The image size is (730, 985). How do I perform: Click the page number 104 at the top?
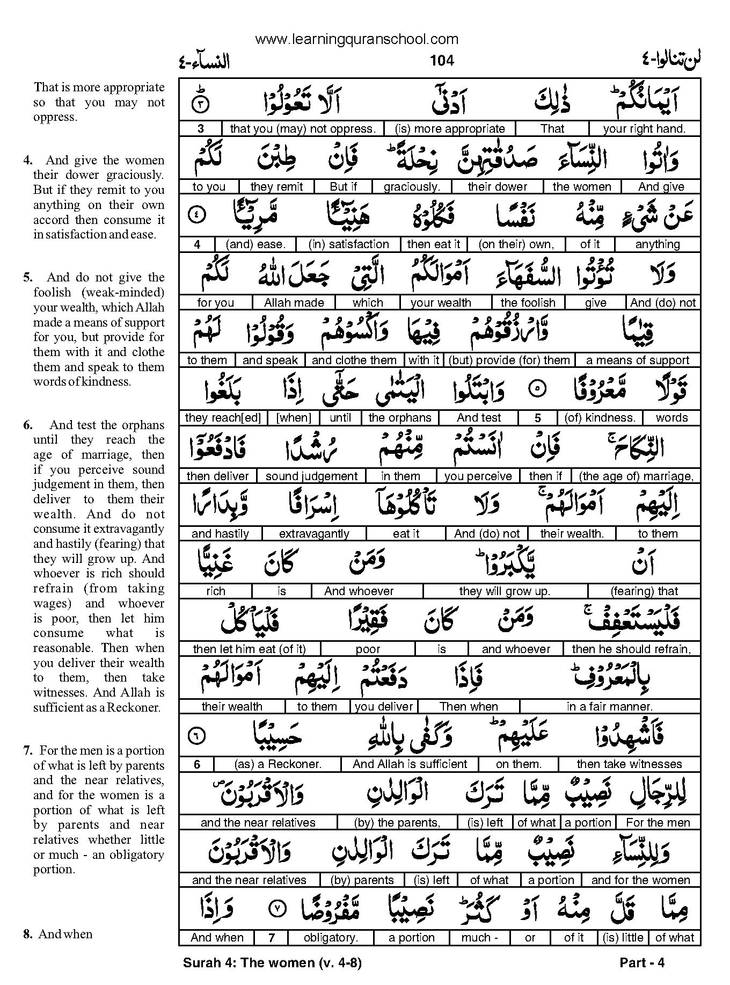pos(442,61)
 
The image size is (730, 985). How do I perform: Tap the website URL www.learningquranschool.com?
pos(357,39)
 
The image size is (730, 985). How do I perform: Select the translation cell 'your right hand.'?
pos(644,129)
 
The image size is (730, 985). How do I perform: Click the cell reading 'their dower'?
pos(498,187)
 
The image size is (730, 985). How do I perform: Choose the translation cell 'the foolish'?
pos(528,303)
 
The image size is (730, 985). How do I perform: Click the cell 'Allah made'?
pos(294,303)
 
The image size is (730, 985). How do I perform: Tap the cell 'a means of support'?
pos(638,360)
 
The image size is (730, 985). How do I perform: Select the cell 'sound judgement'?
pos(311,476)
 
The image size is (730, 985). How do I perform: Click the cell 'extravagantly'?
pos(314,534)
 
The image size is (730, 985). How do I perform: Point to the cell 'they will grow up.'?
pos(505,591)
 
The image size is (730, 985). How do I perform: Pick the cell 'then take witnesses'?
pos(629,764)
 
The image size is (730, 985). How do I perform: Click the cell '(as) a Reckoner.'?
pos(278,764)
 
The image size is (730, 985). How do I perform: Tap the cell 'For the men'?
pos(658,822)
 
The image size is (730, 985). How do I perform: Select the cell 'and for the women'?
pos(640,880)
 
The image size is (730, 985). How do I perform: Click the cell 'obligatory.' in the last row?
pos(331,938)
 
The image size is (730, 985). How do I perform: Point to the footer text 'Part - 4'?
pos(642,963)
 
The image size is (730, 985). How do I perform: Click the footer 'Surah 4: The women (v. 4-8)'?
pos(272,963)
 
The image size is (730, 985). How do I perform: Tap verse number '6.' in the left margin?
pos(27,425)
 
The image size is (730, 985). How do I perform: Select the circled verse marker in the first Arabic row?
pos(198,104)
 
